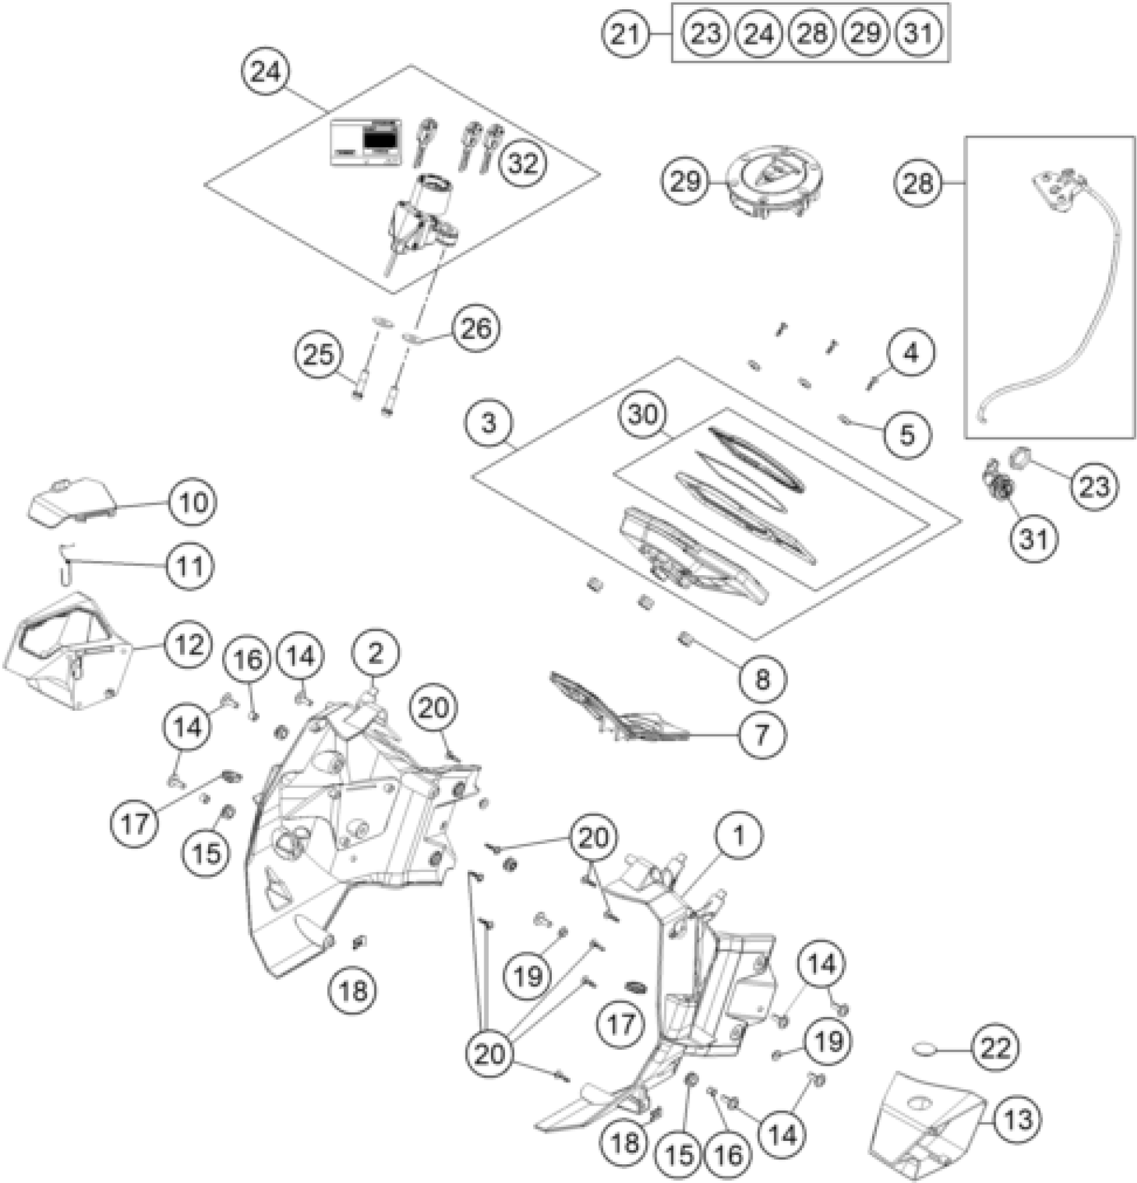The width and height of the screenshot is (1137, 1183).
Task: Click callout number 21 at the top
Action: (626, 33)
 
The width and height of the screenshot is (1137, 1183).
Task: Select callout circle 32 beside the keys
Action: (522, 163)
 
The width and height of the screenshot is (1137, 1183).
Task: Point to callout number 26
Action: (476, 328)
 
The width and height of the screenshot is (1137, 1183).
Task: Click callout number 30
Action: (643, 415)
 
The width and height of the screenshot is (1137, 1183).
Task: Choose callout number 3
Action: (490, 423)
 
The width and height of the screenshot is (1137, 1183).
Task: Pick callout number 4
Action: (911, 352)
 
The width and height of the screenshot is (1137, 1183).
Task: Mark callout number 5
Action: (906, 435)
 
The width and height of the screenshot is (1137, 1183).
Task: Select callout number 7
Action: (761, 734)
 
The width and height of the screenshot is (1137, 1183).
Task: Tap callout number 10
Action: (193, 502)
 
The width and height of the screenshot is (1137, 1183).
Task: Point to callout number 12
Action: (188, 645)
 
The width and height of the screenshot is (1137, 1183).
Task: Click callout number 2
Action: (375, 653)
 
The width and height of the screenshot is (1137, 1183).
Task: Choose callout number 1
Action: (738, 835)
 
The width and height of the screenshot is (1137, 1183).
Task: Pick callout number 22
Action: (995, 1047)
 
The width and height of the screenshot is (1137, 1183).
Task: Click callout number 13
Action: (1017, 1119)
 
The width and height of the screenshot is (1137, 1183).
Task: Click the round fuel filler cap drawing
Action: (776, 181)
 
